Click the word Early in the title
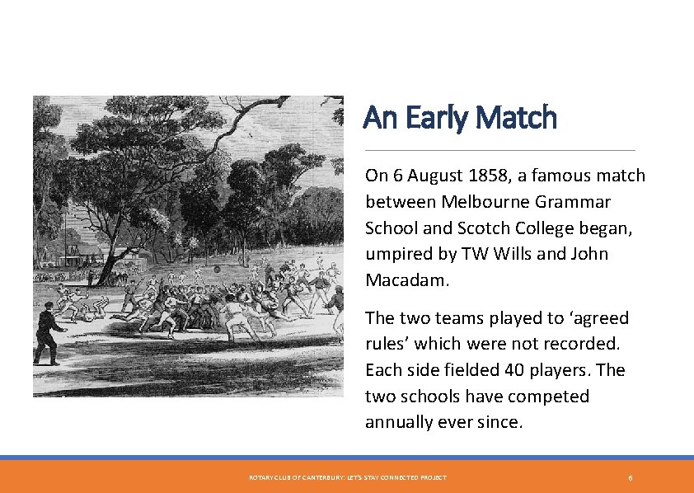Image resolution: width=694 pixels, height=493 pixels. [435, 118]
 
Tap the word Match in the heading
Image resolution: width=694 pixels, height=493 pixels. [517, 118]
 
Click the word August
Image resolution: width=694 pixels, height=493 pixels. [434, 176]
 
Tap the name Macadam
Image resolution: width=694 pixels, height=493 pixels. [406, 280]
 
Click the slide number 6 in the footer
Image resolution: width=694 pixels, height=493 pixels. [631, 478]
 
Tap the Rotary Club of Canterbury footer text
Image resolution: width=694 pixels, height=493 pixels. [347, 478]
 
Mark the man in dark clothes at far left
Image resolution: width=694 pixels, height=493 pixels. [49, 332]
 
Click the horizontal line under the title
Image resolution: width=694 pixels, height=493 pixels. [499, 150]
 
